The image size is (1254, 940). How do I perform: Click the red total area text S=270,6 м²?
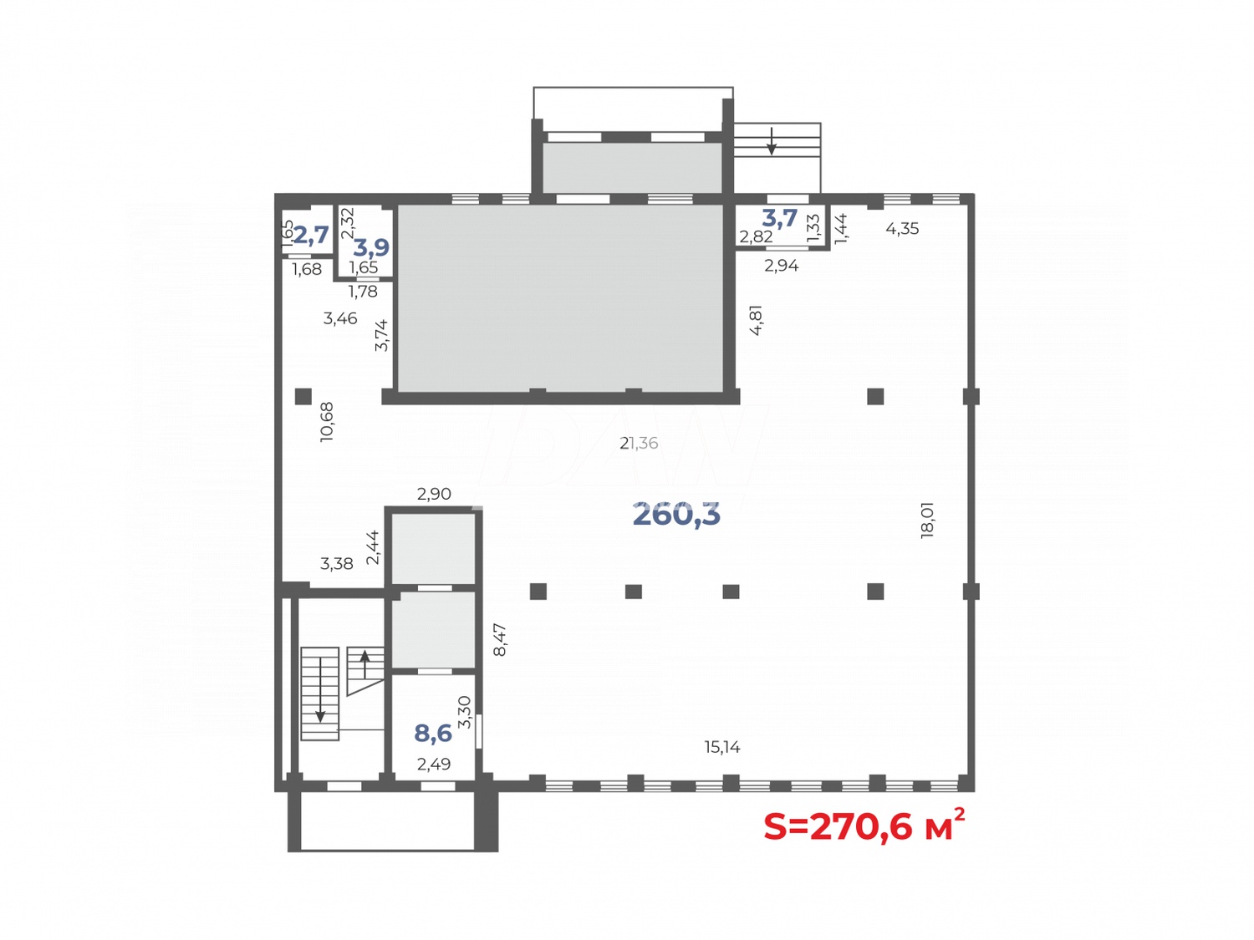tap(863, 826)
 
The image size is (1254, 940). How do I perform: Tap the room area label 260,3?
tap(676, 515)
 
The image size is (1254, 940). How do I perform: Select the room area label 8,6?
tap(433, 733)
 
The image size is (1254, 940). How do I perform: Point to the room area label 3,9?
tap(371, 247)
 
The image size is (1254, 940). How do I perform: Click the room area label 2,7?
tap(310, 235)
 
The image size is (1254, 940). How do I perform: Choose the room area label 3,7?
tap(779, 219)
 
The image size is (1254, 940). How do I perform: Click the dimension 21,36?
tap(639, 444)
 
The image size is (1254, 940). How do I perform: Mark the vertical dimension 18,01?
tap(926, 521)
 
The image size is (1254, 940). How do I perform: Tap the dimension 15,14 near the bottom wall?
tap(722, 747)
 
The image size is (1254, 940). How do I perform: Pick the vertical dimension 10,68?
tap(327, 422)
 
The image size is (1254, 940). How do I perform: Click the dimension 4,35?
tap(902, 228)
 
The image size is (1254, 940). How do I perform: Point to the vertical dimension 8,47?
tap(500, 639)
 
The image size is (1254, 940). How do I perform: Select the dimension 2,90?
tap(434, 494)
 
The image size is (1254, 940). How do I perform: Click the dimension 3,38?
tap(337, 564)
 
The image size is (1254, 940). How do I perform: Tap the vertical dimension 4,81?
tap(756, 320)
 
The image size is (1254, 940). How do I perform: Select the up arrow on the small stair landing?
tap(364, 664)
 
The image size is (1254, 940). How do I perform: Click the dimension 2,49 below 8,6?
tap(434, 764)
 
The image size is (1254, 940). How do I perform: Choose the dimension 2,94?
tap(782, 266)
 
